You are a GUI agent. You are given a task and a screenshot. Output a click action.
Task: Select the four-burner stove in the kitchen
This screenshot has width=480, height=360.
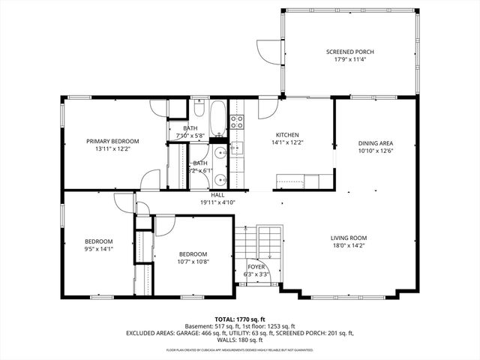[x=237, y=121]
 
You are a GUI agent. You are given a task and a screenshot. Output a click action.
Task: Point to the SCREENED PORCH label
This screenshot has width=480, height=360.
[x=349, y=52]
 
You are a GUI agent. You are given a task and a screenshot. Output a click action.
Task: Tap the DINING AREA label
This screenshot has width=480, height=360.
[x=375, y=143]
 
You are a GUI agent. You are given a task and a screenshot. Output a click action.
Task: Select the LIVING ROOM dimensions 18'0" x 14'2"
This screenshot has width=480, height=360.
[x=349, y=247]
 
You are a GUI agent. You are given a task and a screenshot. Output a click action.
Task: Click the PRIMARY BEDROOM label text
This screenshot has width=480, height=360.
[x=112, y=141]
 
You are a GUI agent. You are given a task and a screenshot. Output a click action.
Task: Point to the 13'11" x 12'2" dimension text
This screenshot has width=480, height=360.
[x=112, y=148]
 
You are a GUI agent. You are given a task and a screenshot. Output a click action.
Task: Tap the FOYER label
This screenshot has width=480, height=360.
[x=256, y=266]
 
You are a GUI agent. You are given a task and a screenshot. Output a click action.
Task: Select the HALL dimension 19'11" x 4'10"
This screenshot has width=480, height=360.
[x=217, y=202]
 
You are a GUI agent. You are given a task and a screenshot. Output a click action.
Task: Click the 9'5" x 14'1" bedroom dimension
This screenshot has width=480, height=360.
[x=98, y=249]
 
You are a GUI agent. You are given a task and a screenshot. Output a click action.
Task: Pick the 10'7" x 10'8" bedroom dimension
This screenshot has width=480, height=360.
[x=193, y=262]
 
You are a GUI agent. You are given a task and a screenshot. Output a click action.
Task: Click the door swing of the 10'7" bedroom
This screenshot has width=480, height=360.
[x=163, y=226]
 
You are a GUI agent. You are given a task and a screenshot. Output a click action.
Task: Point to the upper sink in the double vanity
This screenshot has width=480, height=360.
[x=218, y=151]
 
